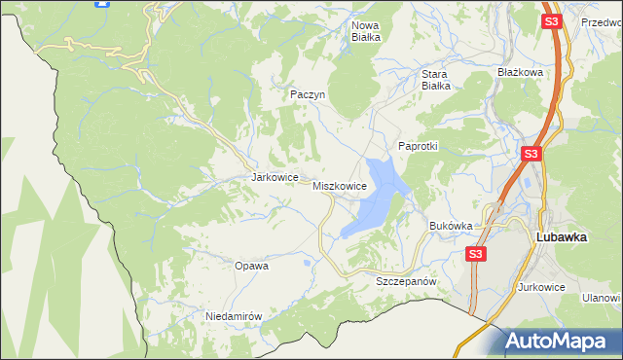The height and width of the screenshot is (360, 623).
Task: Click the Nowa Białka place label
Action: click(x=365, y=31)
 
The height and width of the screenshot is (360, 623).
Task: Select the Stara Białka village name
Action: click(x=434, y=79)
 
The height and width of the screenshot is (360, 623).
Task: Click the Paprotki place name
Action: click(x=419, y=146)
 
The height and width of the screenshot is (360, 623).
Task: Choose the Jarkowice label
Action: click(x=274, y=178)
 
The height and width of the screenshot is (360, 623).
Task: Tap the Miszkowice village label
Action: click(x=339, y=185)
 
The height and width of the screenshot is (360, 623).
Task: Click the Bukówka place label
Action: click(x=451, y=226)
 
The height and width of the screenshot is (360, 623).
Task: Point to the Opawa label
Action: click(x=251, y=265)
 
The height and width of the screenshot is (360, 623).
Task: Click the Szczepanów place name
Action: click(x=404, y=280)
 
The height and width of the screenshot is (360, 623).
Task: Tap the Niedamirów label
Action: click(x=235, y=316)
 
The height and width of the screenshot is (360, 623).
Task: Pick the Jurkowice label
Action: click(x=542, y=287)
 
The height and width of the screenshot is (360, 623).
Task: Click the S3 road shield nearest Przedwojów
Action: click(x=552, y=21)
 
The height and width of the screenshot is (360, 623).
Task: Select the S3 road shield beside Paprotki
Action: click(x=531, y=154)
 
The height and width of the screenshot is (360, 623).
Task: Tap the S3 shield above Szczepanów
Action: click(x=474, y=254)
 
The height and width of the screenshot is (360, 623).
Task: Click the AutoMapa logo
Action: click(x=559, y=341)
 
